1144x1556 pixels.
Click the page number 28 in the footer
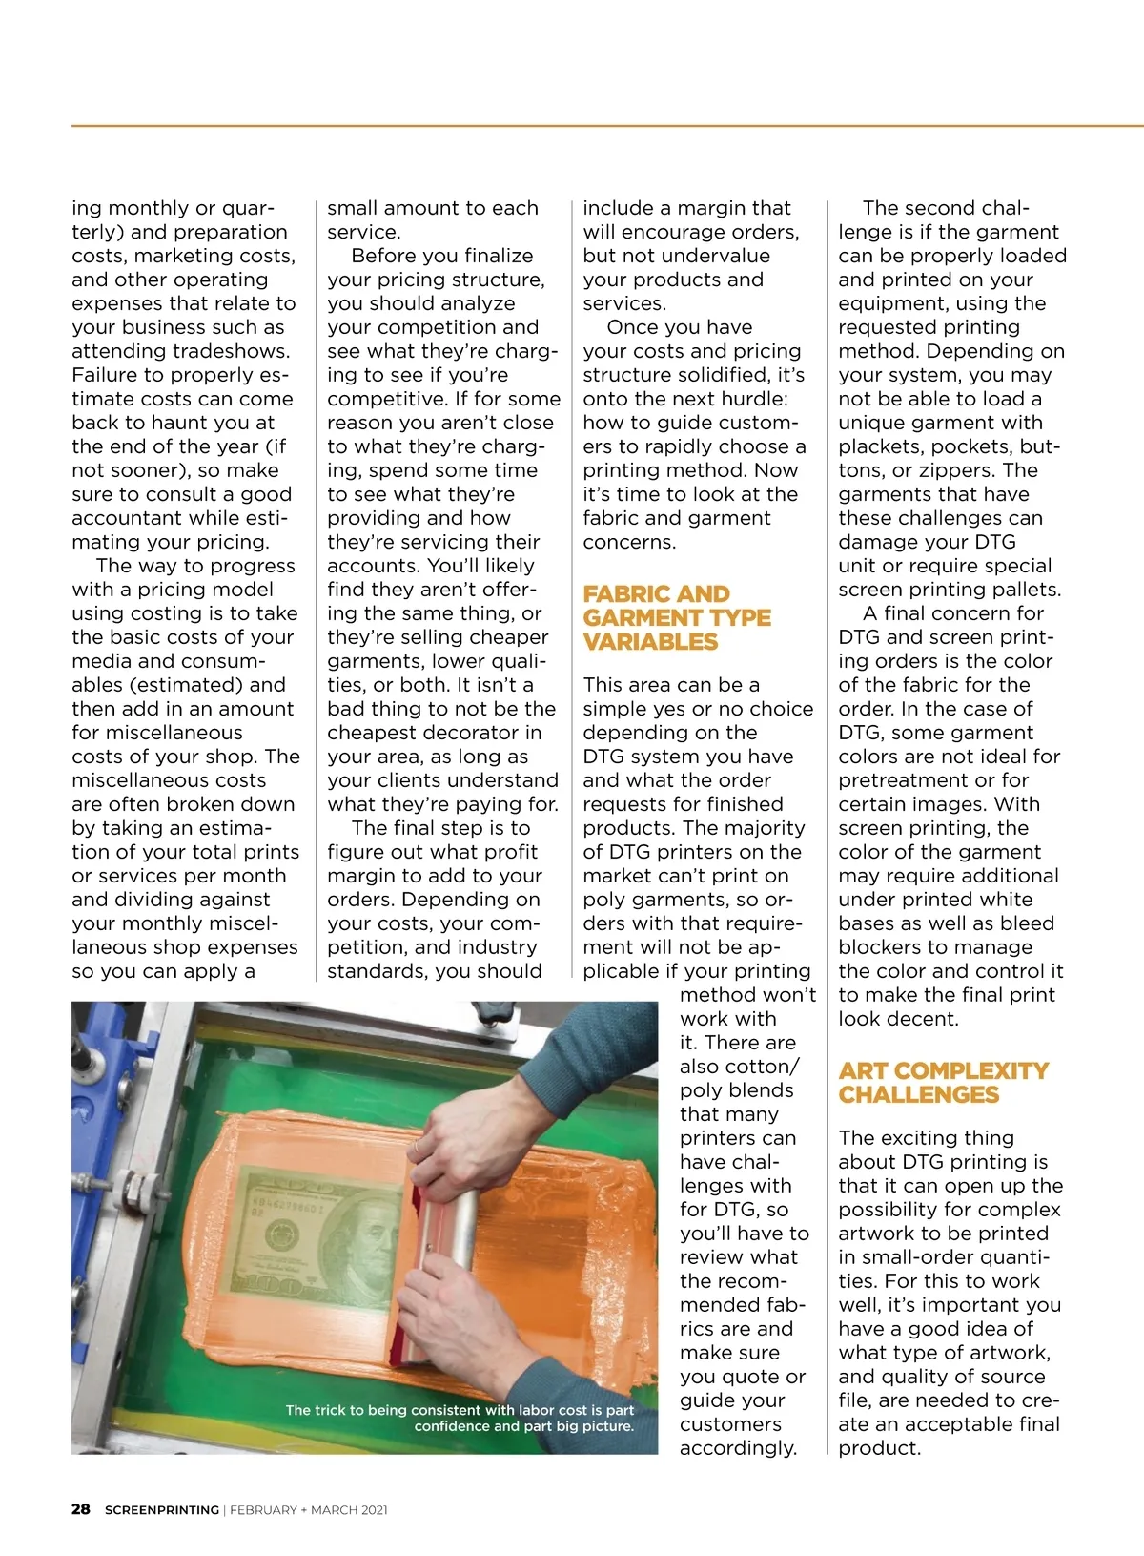81,1509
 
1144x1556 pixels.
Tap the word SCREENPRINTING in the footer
162,1510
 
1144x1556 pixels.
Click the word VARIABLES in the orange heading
650,642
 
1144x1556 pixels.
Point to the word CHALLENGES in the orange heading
919,1095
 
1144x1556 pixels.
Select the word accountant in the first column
132,518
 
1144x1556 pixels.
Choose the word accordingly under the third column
738,1448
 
